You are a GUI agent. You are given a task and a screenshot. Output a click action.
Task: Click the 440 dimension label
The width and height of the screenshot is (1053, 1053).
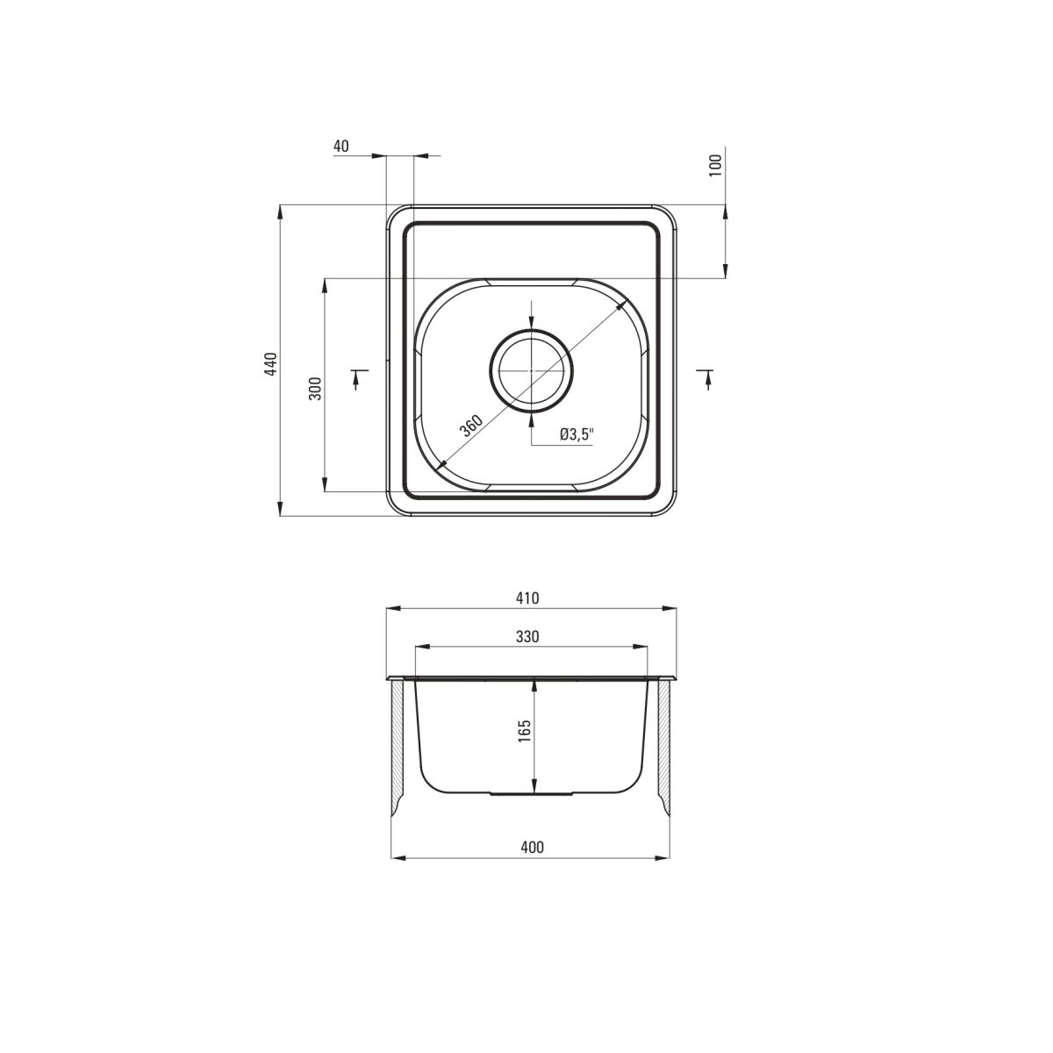pyautogui.click(x=271, y=364)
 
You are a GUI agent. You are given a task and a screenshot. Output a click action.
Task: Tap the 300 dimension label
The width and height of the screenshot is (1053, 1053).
pyautogui.click(x=315, y=388)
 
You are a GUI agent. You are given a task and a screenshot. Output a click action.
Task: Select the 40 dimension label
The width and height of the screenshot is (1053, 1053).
pyautogui.click(x=340, y=146)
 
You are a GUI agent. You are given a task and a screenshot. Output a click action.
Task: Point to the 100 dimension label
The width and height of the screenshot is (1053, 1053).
pyautogui.click(x=716, y=164)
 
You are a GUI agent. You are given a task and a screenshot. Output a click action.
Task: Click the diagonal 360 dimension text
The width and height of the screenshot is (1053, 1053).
pyautogui.click(x=471, y=426)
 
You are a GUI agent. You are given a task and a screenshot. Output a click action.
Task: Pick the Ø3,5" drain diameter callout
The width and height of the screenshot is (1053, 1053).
pyautogui.click(x=577, y=434)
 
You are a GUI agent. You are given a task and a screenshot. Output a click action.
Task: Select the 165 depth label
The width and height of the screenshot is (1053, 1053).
pyautogui.click(x=525, y=731)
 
